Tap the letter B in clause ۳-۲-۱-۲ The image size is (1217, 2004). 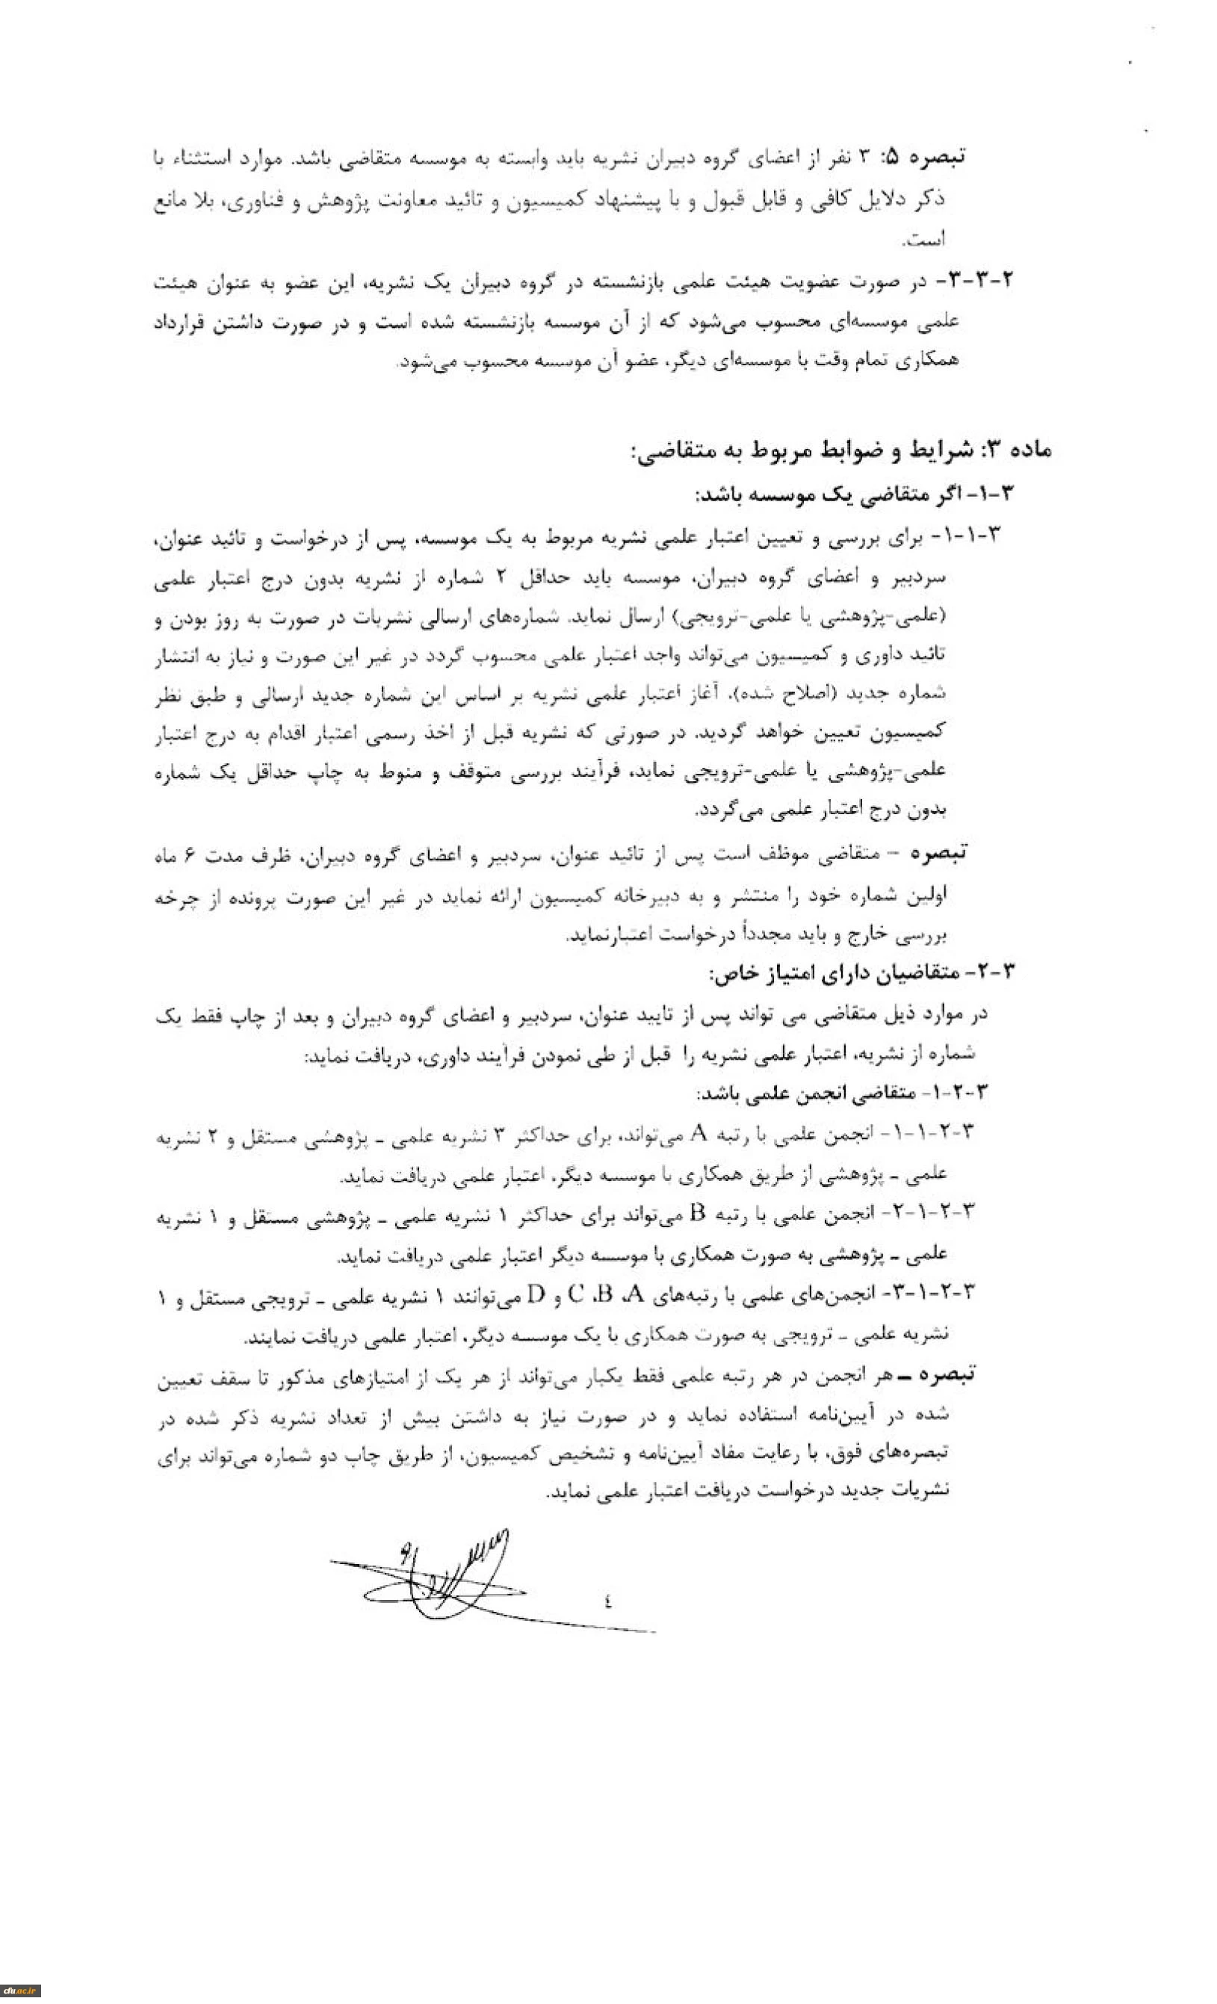[x=696, y=1213]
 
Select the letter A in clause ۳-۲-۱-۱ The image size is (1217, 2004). [x=696, y=1132]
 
